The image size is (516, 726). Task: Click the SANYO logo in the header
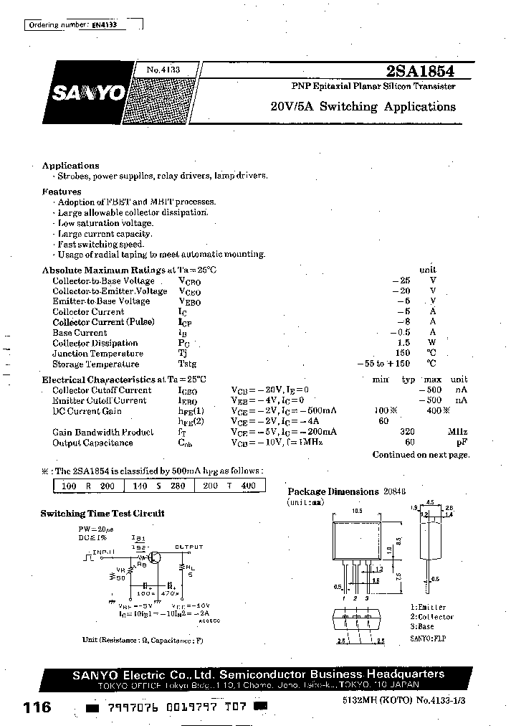click(87, 93)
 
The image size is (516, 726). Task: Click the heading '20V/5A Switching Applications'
click(363, 107)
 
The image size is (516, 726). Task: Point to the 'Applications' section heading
click(70, 166)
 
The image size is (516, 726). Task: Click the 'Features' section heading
click(62, 192)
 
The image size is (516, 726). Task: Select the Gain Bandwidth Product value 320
click(408, 433)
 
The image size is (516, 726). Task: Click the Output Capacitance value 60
click(410, 443)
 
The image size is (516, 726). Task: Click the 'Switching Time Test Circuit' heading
click(102, 514)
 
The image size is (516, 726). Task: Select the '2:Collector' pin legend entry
click(431, 617)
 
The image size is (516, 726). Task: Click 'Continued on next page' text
click(421, 455)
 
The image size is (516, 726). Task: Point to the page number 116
click(37, 707)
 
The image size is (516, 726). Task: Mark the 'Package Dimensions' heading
click(333, 492)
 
